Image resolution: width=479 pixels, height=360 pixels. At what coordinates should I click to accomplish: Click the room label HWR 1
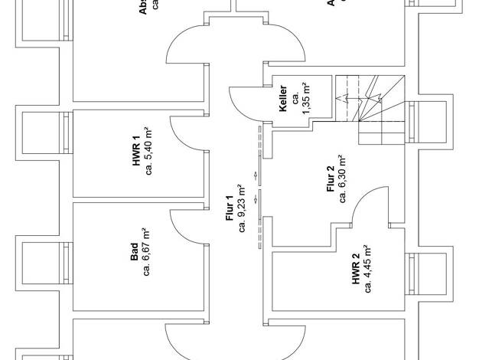click(x=135, y=151)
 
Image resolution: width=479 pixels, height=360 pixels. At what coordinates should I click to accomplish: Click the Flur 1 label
click(x=229, y=209)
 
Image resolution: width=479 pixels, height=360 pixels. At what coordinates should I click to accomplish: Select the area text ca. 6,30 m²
click(x=344, y=177)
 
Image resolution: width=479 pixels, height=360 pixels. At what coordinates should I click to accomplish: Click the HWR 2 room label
click(x=356, y=270)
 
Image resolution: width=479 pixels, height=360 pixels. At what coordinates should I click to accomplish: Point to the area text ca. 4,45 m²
click(x=369, y=269)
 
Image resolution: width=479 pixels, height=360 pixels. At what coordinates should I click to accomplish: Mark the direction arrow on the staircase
click(x=344, y=98)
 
